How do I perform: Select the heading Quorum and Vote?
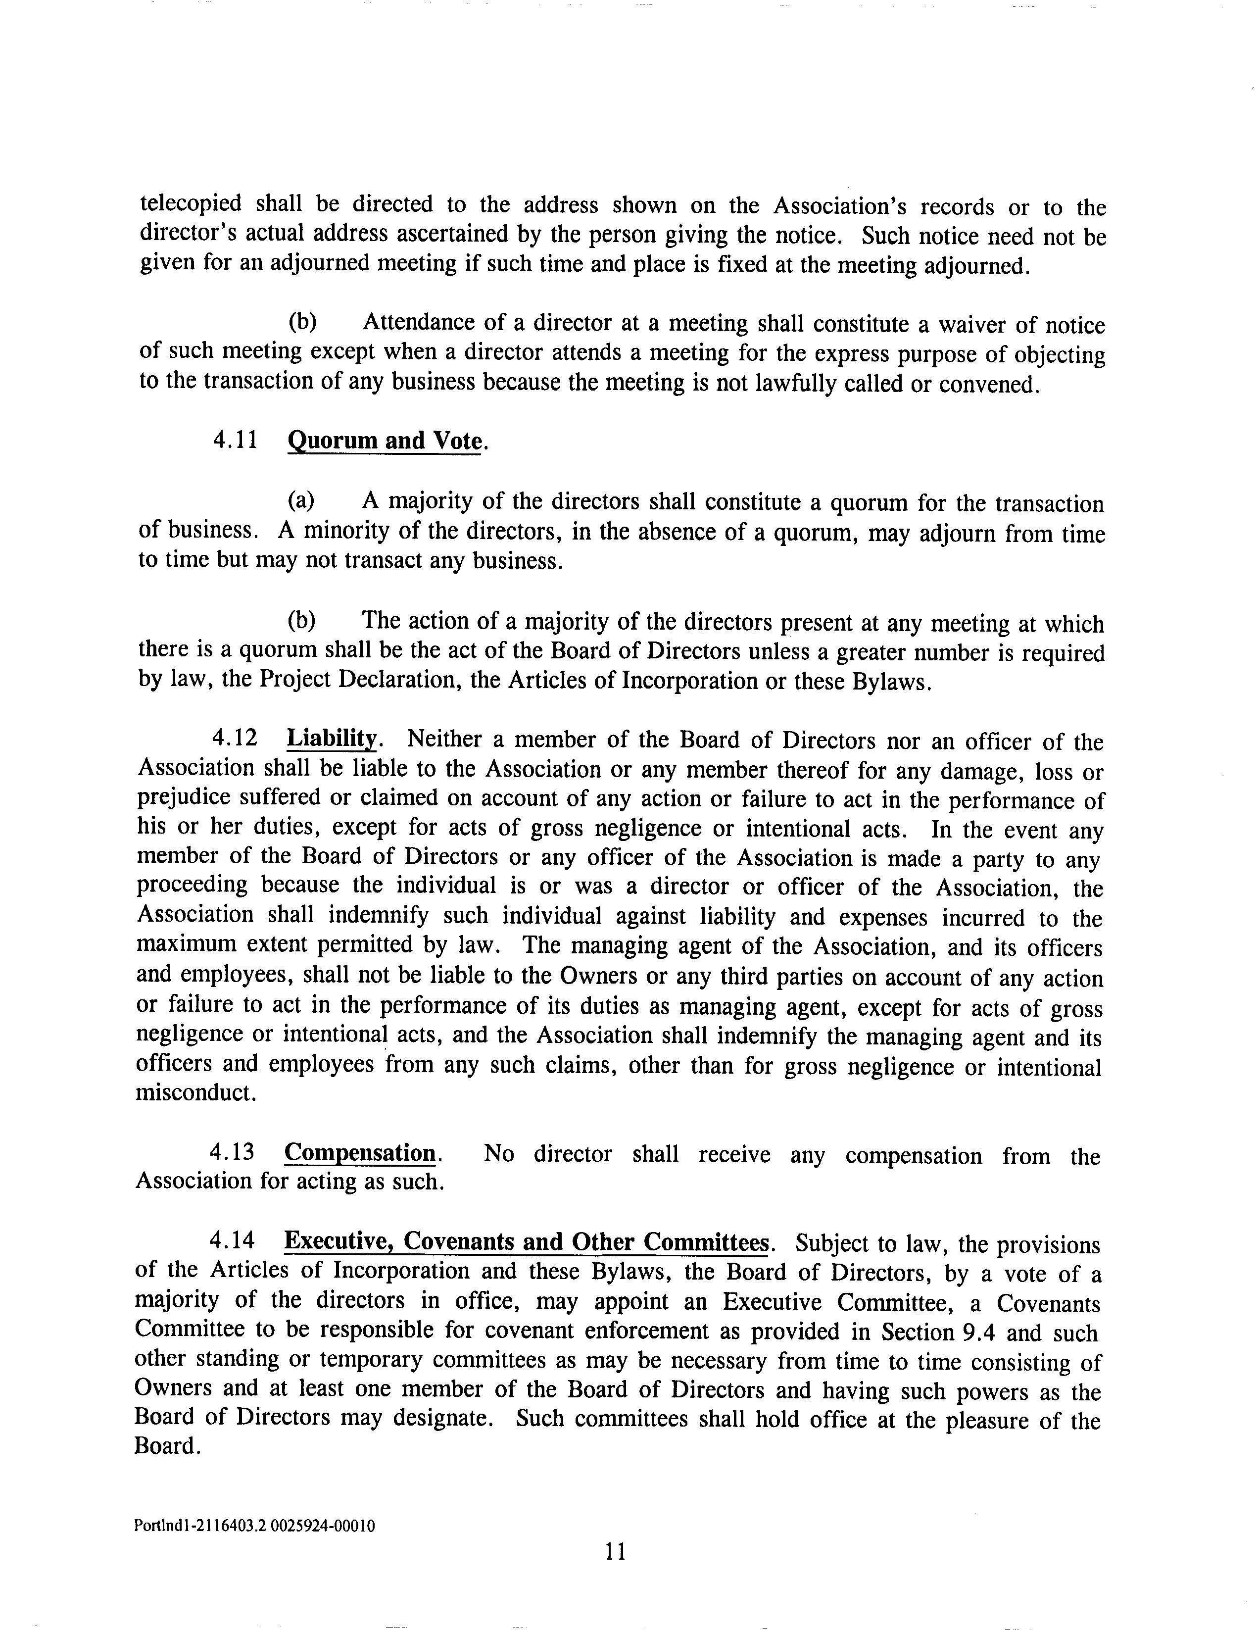pos(385,441)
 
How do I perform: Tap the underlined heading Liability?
pos(332,739)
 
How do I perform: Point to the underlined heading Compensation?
pos(360,1153)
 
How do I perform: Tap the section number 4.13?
pos(232,1153)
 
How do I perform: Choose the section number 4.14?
pos(232,1242)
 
